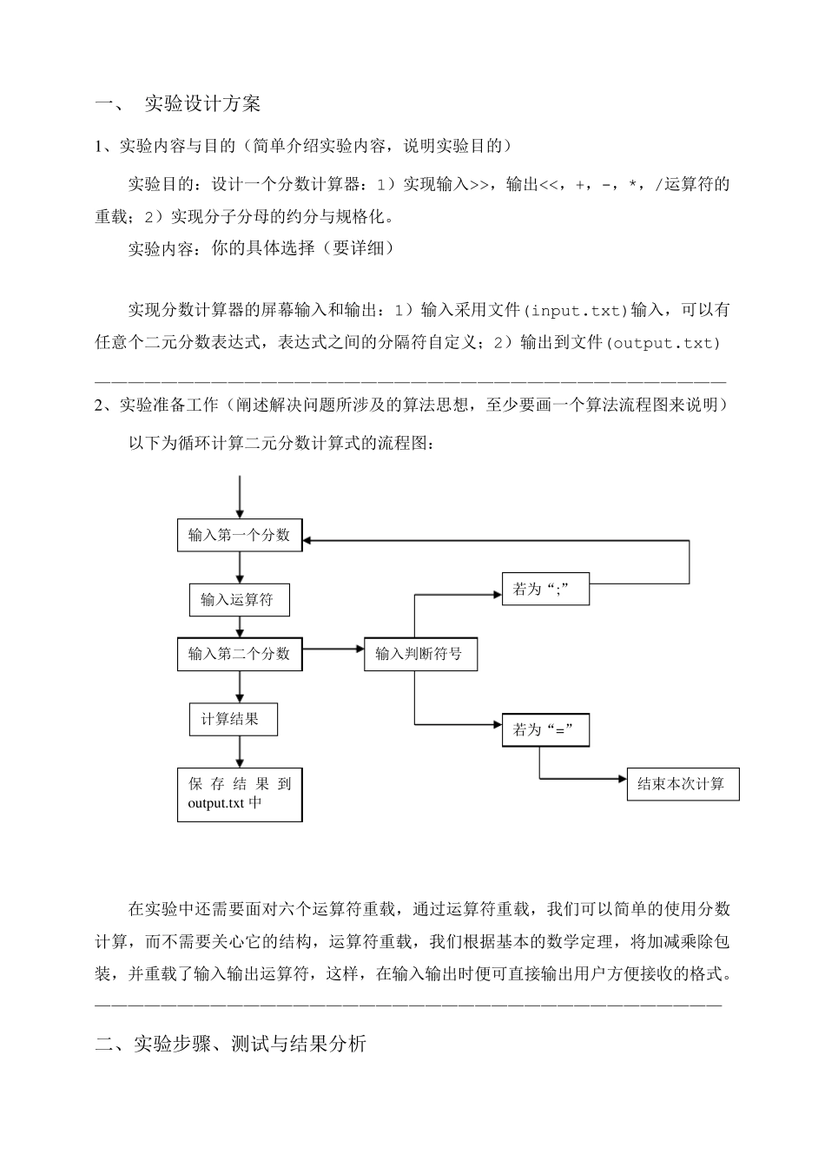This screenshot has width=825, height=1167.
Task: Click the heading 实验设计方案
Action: click(201, 104)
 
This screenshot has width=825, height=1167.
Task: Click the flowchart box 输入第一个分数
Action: click(239, 535)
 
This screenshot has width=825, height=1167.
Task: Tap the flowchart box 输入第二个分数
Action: click(239, 654)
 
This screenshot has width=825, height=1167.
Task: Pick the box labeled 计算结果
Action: click(234, 719)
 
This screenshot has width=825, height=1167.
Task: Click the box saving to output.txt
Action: click(240, 794)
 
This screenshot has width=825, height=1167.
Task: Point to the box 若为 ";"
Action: click(545, 589)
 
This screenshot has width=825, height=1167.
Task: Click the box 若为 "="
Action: click(545, 729)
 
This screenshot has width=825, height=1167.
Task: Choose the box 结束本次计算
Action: click(682, 784)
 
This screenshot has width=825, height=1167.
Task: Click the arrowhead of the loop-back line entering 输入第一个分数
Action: click(309, 540)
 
